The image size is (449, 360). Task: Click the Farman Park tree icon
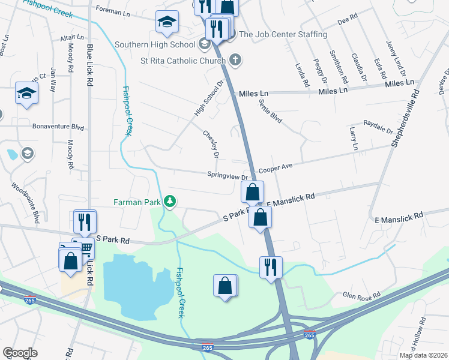coord(170,202)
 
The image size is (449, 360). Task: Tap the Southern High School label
coord(155,44)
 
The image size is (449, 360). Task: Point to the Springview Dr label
coord(228,177)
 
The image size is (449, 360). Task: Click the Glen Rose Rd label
coord(361,296)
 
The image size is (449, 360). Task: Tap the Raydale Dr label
coord(378,127)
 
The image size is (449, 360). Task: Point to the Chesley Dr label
coord(211,145)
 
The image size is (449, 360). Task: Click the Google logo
coord(20,353)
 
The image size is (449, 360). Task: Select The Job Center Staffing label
coord(283,34)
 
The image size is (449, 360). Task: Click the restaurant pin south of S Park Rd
coord(271,266)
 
